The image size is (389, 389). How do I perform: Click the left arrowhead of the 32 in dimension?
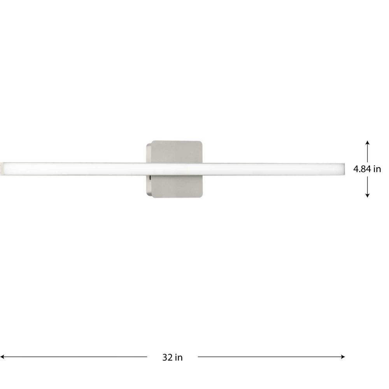(x=2, y=357)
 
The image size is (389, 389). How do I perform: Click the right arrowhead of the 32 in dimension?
(x=343, y=357)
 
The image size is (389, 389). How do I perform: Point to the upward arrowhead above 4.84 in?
(x=368, y=142)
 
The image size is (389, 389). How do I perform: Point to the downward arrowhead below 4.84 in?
(x=368, y=196)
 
